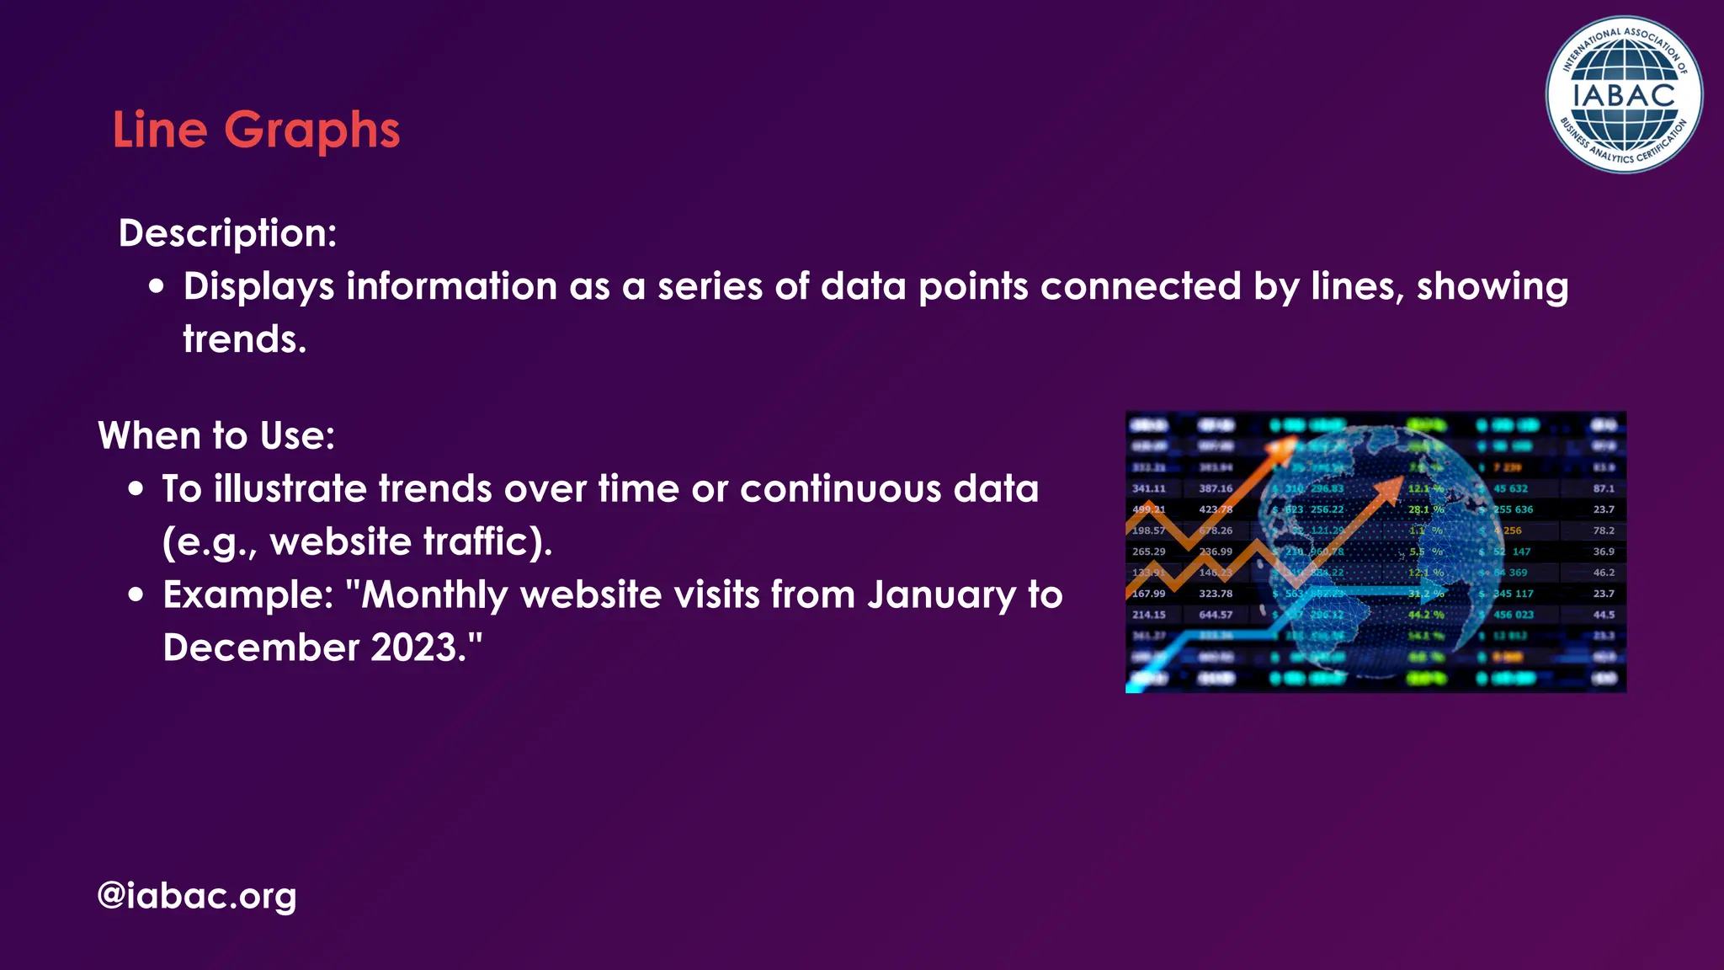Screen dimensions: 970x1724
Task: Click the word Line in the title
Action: click(x=160, y=131)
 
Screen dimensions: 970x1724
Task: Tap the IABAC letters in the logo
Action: click(x=1624, y=95)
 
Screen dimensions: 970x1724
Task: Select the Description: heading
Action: click(x=227, y=233)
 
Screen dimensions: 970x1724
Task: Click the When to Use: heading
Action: click(x=216, y=436)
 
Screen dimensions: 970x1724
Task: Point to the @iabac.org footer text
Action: click(x=196, y=895)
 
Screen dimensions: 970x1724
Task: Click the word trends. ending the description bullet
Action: click(x=244, y=339)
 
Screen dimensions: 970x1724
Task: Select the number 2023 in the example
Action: click(x=412, y=648)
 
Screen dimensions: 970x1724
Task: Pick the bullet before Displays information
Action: click(x=156, y=286)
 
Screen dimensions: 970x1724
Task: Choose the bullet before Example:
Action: click(x=136, y=594)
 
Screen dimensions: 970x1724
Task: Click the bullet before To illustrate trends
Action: click(x=136, y=489)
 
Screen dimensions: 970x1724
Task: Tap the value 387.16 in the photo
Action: click(x=1216, y=488)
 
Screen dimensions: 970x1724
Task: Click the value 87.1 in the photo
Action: click(x=1604, y=488)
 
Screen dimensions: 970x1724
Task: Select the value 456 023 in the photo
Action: click(x=1513, y=615)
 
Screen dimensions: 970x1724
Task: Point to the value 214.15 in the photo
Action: click(x=1148, y=615)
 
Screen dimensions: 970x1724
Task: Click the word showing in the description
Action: click(x=1492, y=286)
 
